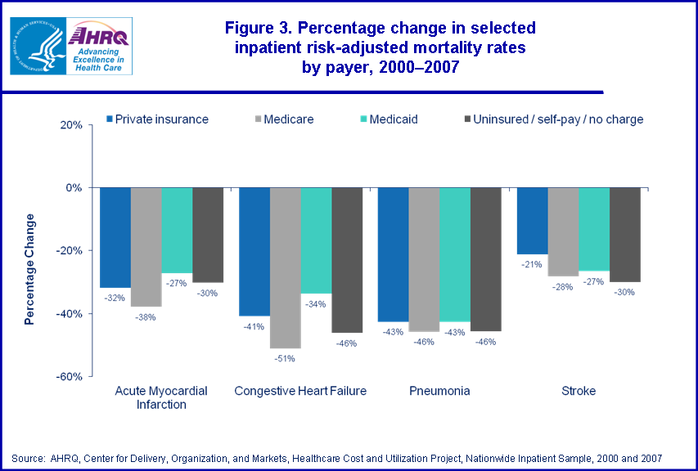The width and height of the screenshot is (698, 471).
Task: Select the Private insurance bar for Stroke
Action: [532, 220]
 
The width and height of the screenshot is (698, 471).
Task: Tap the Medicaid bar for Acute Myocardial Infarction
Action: [177, 230]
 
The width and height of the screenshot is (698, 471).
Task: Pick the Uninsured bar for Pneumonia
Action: [486, 258]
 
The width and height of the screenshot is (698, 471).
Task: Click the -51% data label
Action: [285, 357]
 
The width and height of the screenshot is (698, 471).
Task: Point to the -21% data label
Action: [531, 263]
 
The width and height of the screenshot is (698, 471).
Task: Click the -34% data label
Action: [316, 303]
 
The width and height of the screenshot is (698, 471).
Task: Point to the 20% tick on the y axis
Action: [70, 125]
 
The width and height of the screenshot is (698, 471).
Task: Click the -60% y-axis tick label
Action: [69, 376]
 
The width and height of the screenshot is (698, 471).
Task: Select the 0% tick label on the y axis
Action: [73, 188]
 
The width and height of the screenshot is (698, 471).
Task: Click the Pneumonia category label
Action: [439, 391]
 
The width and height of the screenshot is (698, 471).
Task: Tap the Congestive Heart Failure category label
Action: [300, 391]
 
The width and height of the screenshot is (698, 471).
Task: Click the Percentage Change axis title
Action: [30, 269]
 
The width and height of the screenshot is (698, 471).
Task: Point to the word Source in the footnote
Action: [27, 457]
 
